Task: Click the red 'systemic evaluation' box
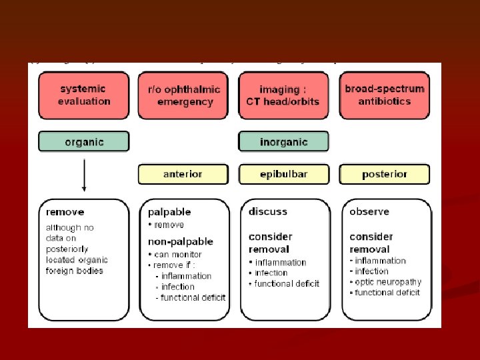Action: tap(84, 95)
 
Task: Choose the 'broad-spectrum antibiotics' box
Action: tap(384, 95)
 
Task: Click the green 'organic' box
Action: tap(84, 141)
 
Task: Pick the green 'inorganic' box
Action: tap(284, 141)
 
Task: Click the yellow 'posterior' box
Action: tap(384, 174)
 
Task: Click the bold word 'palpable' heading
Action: tap(169, 212)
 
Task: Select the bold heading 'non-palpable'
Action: tap(181, 241)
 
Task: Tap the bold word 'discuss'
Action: tap(268, 211)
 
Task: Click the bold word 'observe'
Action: tap(369, 211)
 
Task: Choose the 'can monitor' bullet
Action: tap(177, 254)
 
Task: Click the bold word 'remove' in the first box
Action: tap(65, 212)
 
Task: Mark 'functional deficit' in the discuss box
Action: tap(287, 283)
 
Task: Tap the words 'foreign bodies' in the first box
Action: tap(75, 271)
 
